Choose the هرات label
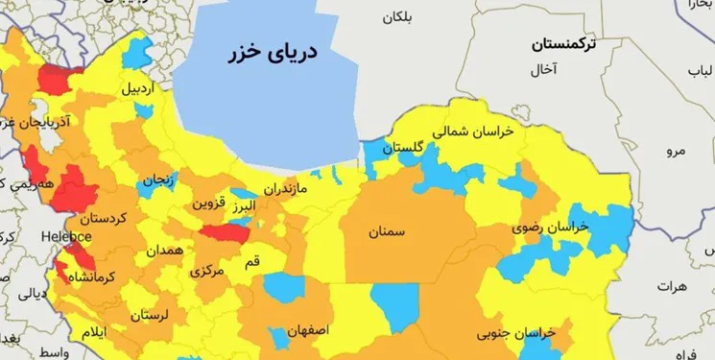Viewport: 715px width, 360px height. pos(676,286)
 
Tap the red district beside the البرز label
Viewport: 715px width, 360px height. pos(226,232)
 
